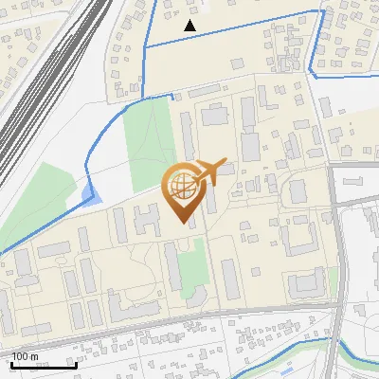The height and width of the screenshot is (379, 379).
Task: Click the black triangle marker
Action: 190,26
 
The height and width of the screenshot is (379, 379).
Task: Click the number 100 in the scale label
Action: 20,356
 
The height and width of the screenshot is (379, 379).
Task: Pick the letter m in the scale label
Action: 34,356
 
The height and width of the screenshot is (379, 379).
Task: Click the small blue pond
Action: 89,195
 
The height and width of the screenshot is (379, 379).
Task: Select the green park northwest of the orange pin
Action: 147,142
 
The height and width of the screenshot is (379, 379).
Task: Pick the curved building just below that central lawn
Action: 193,296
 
